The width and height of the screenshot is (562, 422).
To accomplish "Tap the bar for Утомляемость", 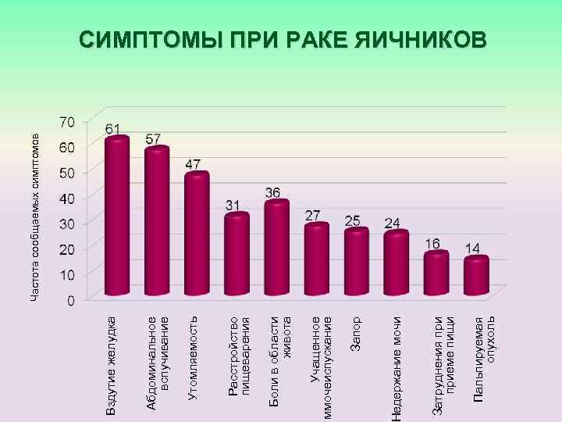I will coord(196,234).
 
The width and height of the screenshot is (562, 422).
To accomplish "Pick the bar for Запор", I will coord(356,262).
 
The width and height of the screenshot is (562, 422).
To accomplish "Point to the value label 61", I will coord(113,128).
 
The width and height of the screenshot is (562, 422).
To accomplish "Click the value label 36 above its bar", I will coord(273,192).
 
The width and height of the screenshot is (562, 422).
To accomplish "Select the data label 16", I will coord(432,244).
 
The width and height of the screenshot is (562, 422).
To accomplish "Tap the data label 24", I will coord(393,224).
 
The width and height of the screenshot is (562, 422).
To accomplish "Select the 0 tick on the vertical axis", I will coord(71,300).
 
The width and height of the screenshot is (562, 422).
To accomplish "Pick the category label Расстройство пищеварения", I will coord(238,356).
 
